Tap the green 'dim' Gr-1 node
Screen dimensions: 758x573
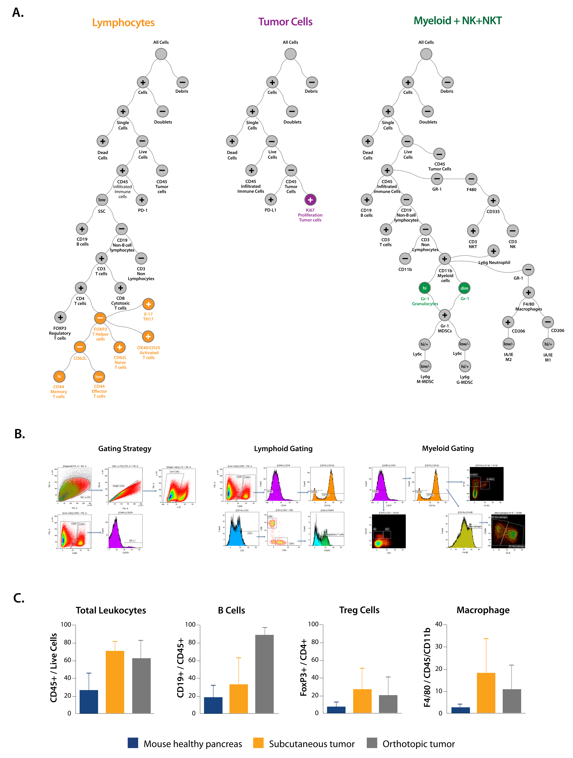(464, 288)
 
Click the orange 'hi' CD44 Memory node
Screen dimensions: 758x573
(59, 377)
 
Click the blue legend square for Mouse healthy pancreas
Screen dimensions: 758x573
(133, 743)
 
